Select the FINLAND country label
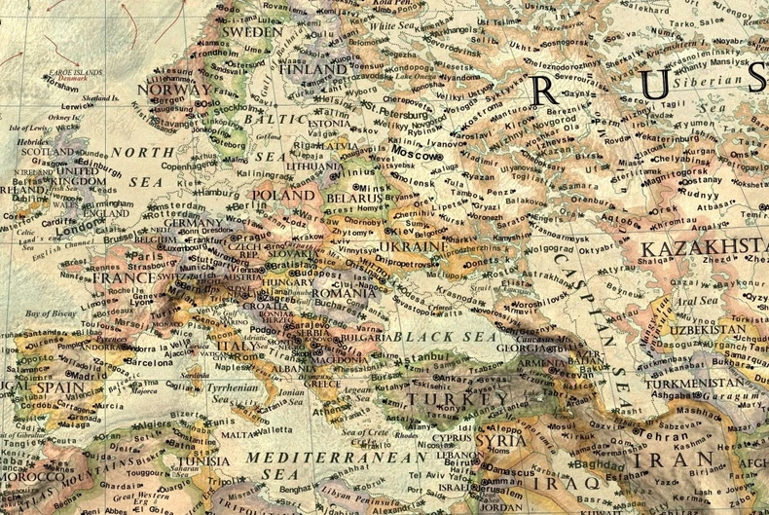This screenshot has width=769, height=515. (x=312, y=70)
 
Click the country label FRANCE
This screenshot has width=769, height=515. (x=124, y=277)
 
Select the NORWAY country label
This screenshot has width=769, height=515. (x=174, y=90)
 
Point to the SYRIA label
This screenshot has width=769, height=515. (x=501, y=441)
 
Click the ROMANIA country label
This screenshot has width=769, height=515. (x=343, y=292)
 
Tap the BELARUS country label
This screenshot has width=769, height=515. (x=351, y=198)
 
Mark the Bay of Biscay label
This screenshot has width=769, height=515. (x=51, y=313)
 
